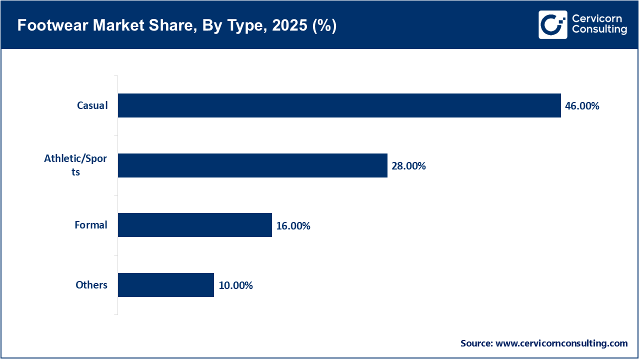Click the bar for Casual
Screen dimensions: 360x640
click(x=339, y=105)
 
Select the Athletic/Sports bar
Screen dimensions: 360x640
click(x=252, y=165)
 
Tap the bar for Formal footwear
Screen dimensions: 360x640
click(x=195, y=225)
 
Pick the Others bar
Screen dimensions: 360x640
click(x=166, y=285)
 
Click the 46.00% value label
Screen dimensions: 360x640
click(x=582, y=106)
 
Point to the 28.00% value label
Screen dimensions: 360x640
click(x=408, y=166)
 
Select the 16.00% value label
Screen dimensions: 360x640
click(x=293, y=226)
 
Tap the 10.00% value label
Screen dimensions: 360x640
click(x=235, y=285)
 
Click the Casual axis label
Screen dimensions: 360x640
click(x=92, y=105)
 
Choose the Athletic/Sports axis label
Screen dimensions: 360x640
click(x=75, y=165)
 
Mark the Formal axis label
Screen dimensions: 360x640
click(x=91, y=225)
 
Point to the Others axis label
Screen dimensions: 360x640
click(x=91, y=285)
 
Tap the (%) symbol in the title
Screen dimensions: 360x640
click(x=323, y=26)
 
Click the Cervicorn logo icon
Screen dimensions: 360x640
click(x=553, y=24)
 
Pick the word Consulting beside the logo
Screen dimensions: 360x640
click(x=599, y=29)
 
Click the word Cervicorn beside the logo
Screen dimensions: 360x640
click(x=596, y=18)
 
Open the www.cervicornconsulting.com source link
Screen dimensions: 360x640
click(x=561, y=343)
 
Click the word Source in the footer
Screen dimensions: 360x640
click(x=475, y=343)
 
